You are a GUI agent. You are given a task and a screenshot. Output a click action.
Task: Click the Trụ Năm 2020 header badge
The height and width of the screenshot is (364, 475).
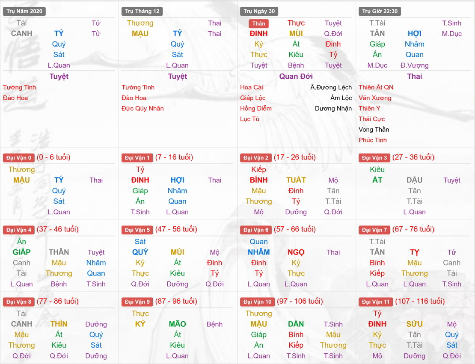click(x=24, y=11)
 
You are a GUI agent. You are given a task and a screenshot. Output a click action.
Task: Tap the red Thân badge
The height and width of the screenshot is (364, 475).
click(x=258, y=24)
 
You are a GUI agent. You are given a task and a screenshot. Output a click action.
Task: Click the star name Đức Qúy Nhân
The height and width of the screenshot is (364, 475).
click(x=142, y=108)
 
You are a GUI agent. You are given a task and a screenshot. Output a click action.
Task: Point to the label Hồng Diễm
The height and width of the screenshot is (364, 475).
click(x=256, y=108)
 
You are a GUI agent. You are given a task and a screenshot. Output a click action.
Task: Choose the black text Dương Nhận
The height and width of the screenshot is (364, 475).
click(x=333, y=108)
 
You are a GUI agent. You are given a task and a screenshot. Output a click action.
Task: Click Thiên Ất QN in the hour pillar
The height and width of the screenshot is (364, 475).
click(x=376, y=87)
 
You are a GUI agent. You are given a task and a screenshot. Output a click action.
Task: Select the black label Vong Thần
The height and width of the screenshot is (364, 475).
click(x=374, y=129)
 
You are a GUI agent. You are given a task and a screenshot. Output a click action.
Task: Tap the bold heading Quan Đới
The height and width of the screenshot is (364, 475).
click(x=296, y=77)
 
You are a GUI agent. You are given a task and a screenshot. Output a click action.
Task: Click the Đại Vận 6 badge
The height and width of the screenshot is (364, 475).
click(x=256, y=230)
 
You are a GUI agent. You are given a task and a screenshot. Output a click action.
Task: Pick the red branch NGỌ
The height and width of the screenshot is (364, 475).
click(x=296, y=252)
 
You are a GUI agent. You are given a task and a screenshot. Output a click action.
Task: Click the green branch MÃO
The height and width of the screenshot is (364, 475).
click(x=177, y=324)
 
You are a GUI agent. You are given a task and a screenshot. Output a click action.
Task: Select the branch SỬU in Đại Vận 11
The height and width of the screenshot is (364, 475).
click(x=414, y=324)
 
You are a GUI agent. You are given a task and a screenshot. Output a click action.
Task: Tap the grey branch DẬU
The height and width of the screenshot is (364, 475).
click(x=414, y=180)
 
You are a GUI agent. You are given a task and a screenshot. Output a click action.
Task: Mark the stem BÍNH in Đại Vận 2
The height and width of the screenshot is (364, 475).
click(x=258, y=180)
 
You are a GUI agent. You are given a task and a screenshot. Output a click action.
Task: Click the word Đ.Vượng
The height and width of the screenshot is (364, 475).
click(x=414, y=65)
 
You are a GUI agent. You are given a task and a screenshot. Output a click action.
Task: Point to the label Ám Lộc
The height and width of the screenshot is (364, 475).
click(x=341, y=98)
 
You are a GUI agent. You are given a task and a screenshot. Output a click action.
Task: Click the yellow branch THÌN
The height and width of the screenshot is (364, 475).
click(x=59, y=324)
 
